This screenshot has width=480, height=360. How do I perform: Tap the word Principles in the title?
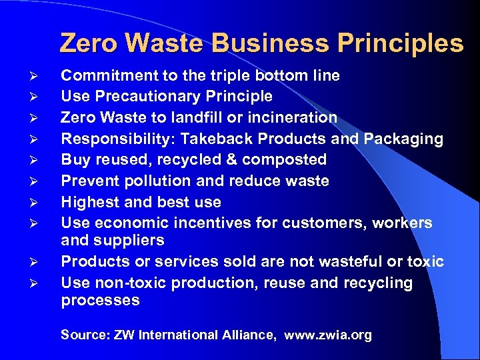click(x=401, y=43)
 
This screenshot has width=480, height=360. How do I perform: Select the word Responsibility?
click(x=112, y=139)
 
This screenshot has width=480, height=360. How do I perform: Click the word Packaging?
click(x=404, y=139)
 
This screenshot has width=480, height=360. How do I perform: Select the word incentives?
click(x=215, y=223)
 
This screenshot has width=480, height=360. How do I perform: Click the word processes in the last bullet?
click(x=101, y=300)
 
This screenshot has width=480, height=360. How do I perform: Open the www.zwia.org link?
click(x=328, y=335)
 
